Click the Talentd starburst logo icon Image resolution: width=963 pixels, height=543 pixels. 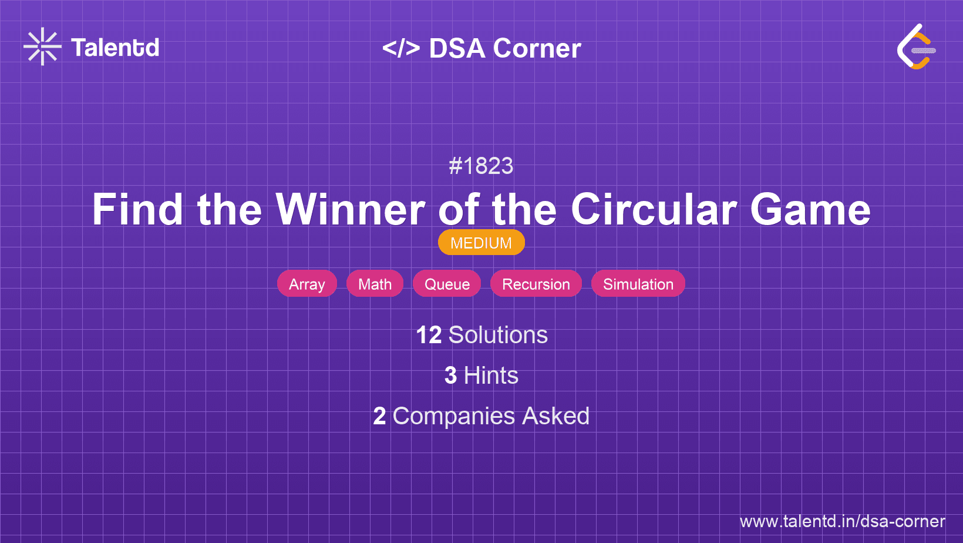[x=42, y=46]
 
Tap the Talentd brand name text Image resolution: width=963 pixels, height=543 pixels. [x=115, y=48]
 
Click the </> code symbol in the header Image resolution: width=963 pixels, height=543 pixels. [x=401, y=48]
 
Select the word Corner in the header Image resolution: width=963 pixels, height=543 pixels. [x=537, y=48]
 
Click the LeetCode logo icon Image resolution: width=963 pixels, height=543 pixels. [x=916, y=46]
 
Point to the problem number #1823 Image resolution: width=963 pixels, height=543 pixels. [x=481, y=166]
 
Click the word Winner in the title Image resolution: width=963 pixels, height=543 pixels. [x=351, y=209]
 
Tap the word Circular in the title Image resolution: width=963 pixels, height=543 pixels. [x=654, y=209]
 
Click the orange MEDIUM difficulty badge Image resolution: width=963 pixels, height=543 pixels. [x=481, y=243]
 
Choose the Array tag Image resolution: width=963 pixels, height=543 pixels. [x=307, y=284]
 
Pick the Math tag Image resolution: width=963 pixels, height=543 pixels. [x=375, y=284]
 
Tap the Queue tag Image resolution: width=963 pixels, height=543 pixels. [x=447, y=284]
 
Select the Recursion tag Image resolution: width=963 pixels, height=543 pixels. [x=536, y=284]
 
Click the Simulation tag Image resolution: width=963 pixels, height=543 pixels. [x=638, y=284]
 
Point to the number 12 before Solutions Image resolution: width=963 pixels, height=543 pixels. [x=429, y=335]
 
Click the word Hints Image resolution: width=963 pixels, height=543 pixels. [x=491, y=376]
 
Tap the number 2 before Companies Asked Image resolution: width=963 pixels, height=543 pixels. [x=379, y=416]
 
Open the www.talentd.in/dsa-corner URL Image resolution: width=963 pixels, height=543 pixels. [x=842, y=521]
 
